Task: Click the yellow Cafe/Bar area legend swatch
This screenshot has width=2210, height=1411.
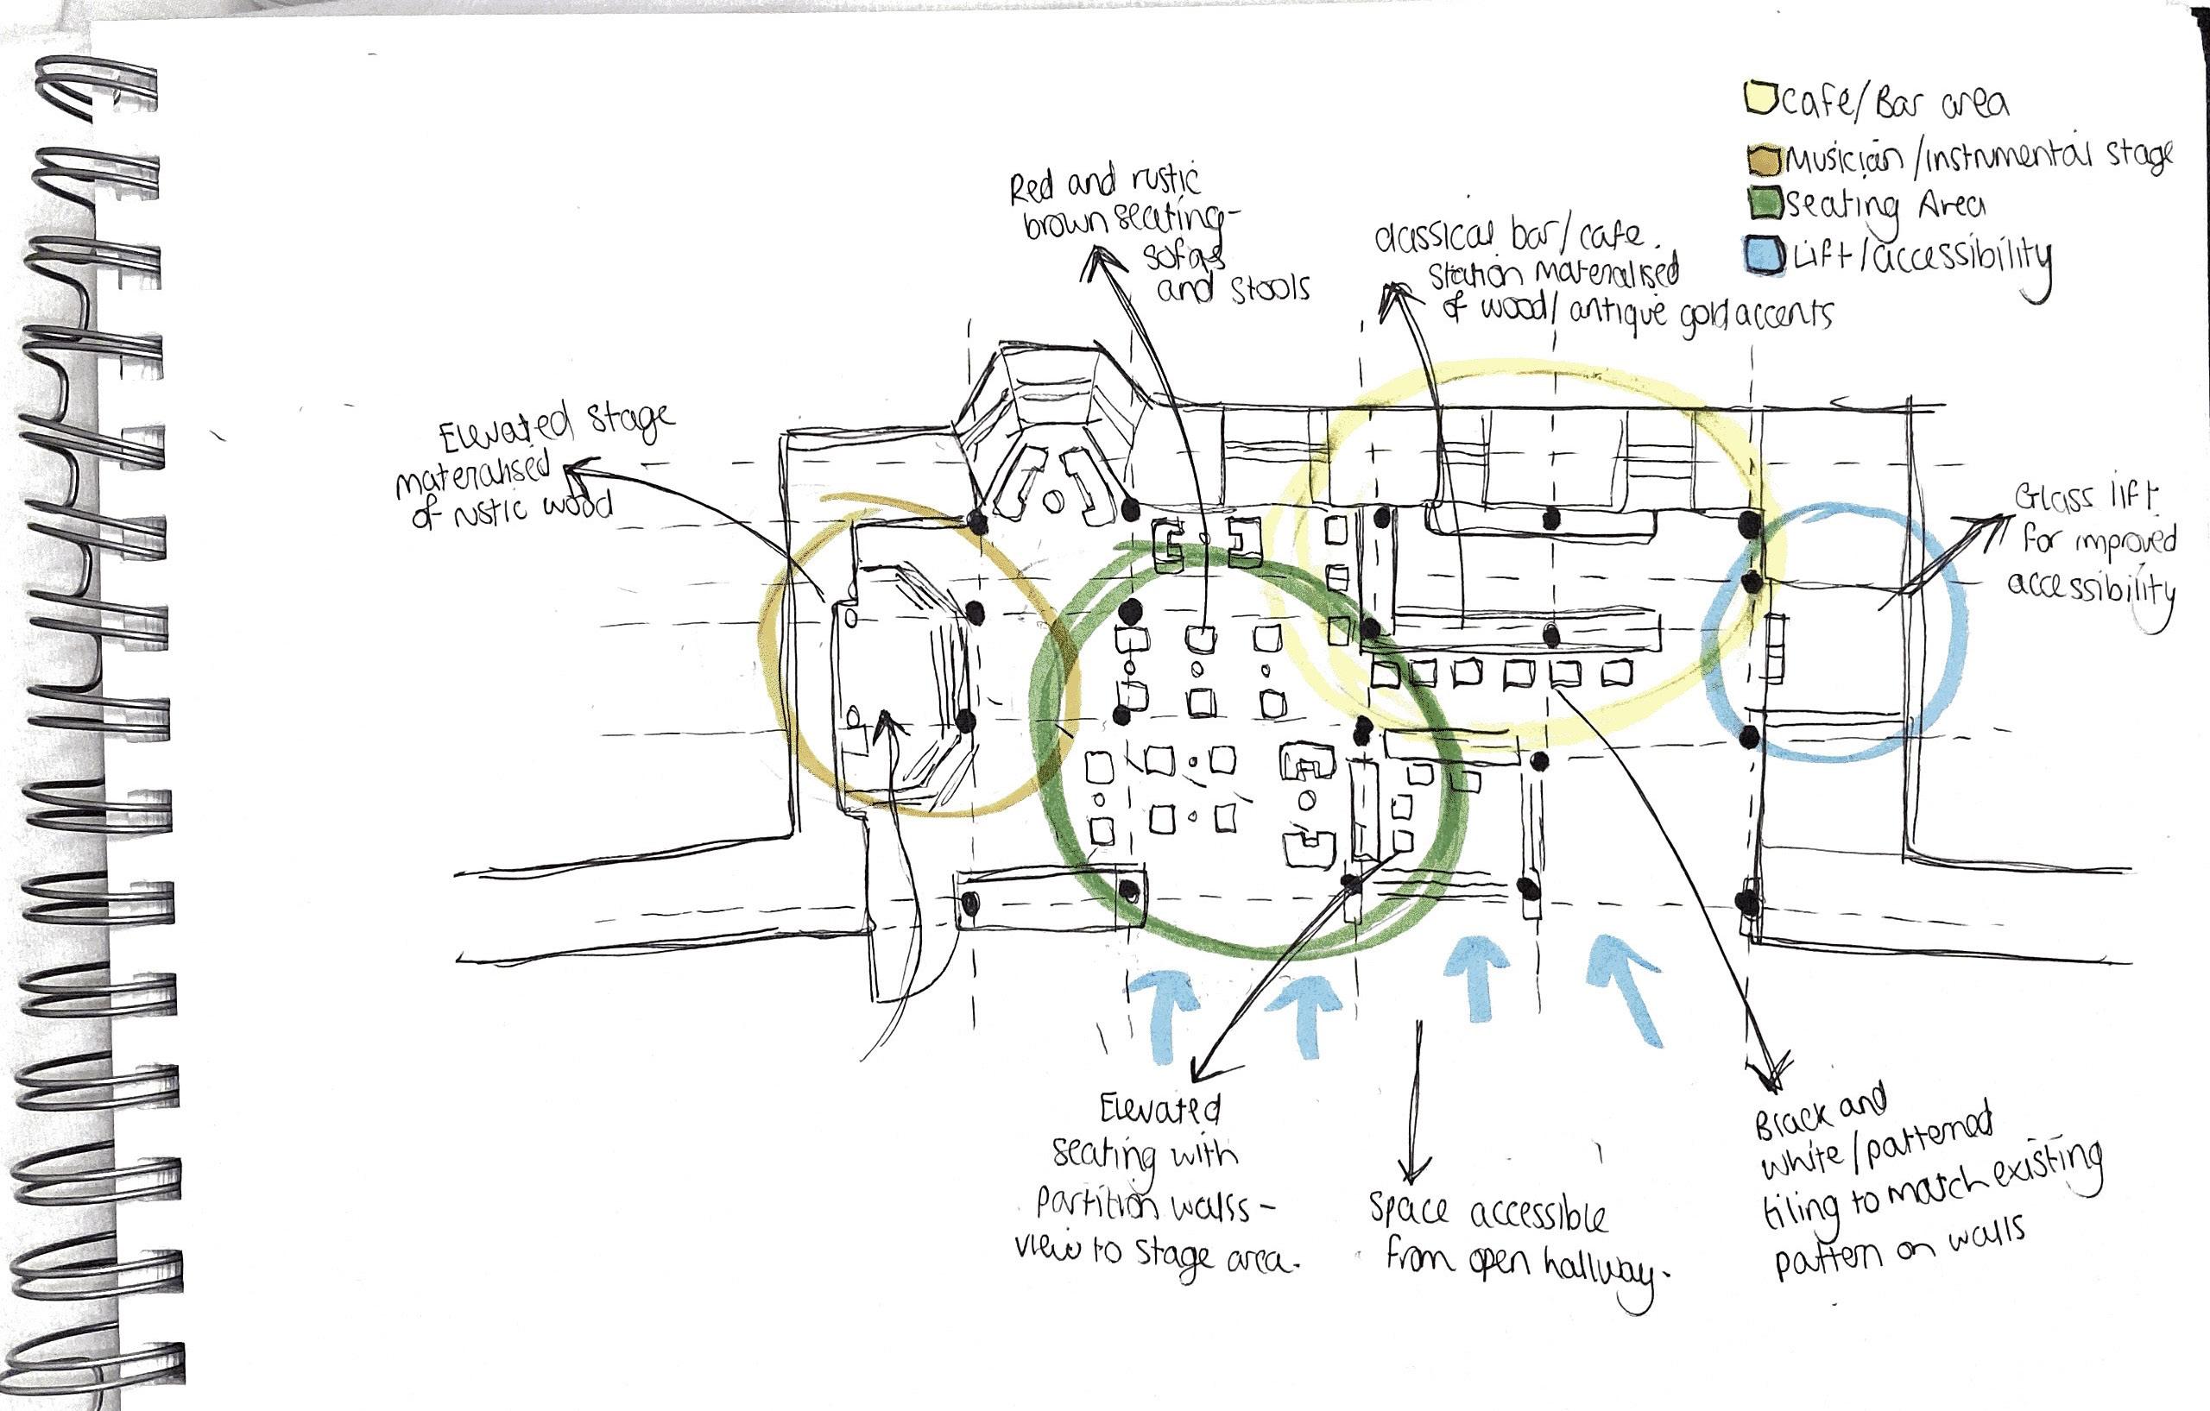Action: [x=1759, y=98]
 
